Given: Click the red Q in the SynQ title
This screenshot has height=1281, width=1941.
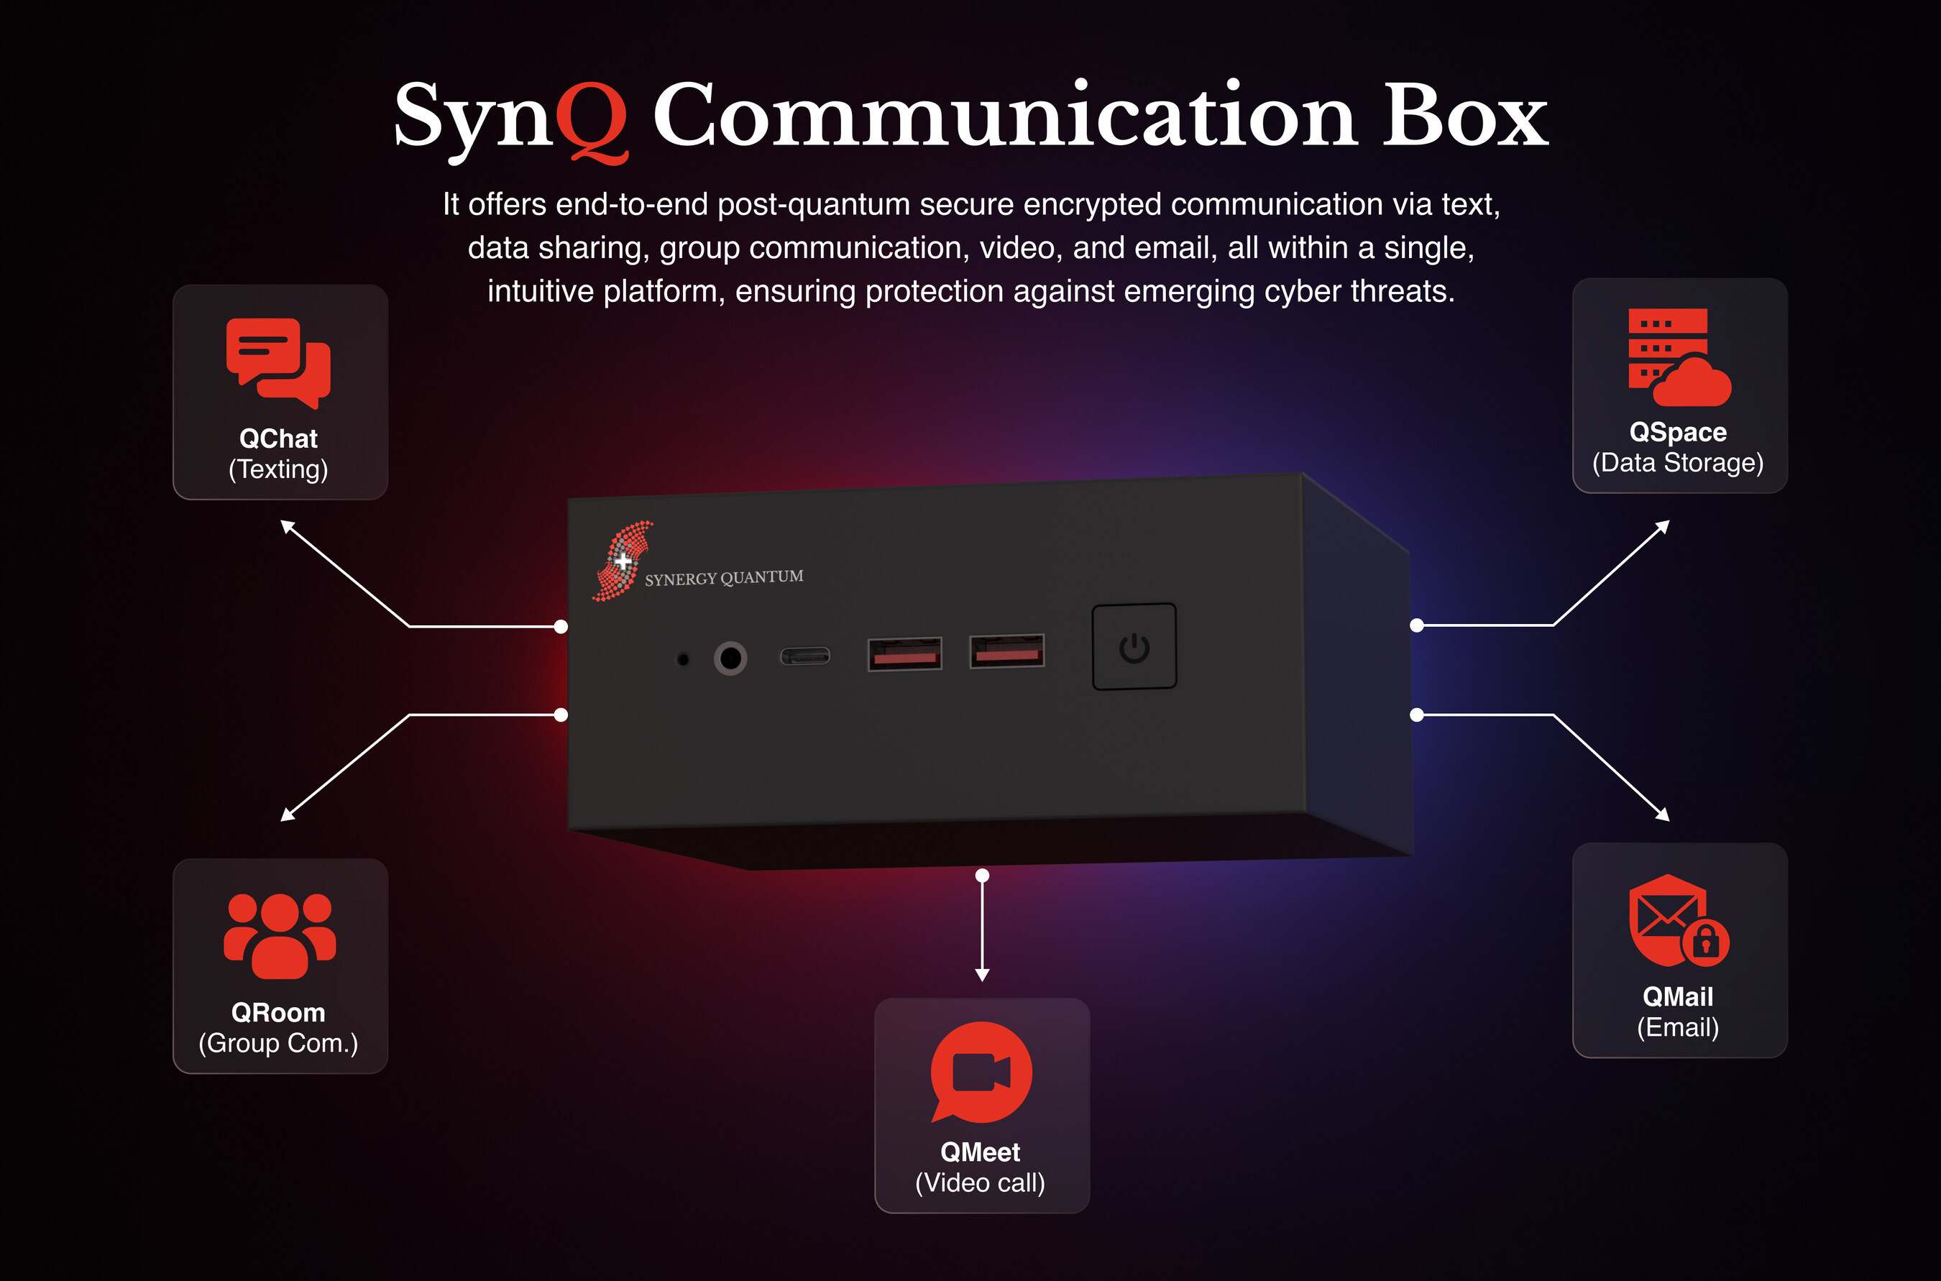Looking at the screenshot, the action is pos(592,121).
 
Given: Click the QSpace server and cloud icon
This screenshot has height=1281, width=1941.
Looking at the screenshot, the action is pos(1679,357).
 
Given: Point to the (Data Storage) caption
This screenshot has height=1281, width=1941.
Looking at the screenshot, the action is pos(1678,462).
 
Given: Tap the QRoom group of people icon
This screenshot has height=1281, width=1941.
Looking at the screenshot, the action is pos(280,935).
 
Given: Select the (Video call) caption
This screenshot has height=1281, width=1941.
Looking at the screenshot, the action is pos(981,1183).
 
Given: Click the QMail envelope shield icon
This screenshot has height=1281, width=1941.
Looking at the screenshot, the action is pos(1679,921).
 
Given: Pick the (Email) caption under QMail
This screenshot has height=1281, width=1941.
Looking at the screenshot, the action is pos(1678,1028).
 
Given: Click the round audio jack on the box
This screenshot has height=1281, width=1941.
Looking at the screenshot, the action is pos(730,658).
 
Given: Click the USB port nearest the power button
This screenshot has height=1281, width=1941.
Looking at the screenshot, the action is pos(1007,651).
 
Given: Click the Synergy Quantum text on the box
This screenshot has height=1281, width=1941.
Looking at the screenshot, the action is pos(724,577).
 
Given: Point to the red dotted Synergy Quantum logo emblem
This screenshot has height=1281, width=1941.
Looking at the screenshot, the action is pos(623,561).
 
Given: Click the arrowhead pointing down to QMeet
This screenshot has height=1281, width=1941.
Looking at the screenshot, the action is pos(983,975).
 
